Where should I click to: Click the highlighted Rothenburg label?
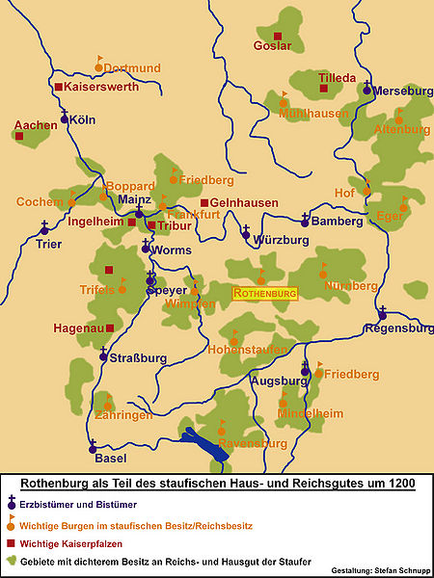tap(265, 292)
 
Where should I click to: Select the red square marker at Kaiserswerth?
tap(59, 87)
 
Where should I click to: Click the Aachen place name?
tap(35, 125)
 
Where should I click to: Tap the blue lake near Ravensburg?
tap(206, 444)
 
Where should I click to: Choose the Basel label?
tap(110, 459)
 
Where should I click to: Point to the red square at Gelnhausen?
tap(204, 202)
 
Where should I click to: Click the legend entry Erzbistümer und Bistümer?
tap(78, 504)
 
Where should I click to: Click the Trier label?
tap(47, 244)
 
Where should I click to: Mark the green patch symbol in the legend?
tap(13, 561)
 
